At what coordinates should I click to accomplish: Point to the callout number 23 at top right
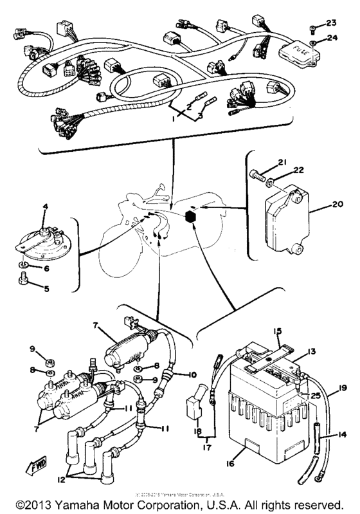[x=332, y=23]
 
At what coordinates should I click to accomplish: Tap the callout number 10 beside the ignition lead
[x=191, y=374]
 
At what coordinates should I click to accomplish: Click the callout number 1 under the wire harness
[x=173, y=119]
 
